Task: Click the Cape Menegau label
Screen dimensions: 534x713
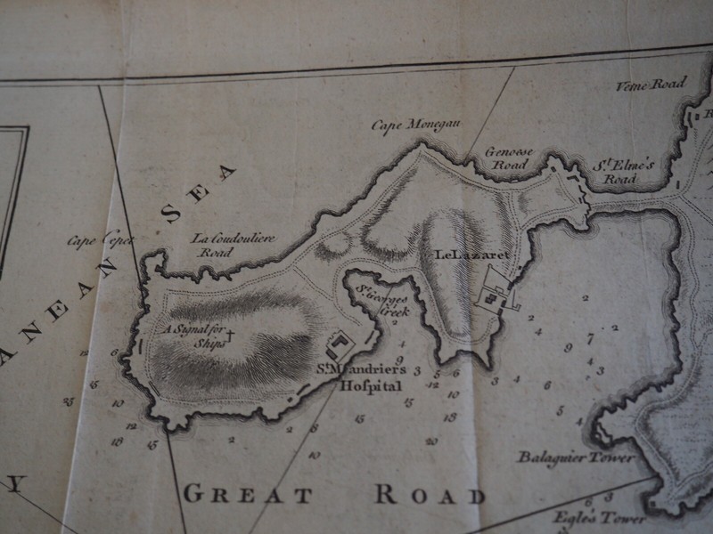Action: (x=415, y=125)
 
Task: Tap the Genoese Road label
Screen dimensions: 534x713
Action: (x=508, y=158)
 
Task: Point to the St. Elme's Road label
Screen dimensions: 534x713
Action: (x=623, y=171)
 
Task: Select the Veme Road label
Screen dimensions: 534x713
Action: (x=651, y=85)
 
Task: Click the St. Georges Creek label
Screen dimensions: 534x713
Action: (x=383, y=303)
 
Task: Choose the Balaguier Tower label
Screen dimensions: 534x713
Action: (x=577, y=457)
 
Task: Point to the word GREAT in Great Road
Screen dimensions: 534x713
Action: (x=247, y=495)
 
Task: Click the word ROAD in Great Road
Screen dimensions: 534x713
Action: (x=430, y=495)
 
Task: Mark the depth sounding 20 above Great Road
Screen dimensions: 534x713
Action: (x=431, y=441)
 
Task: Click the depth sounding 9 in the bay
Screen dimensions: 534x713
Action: (x=567, y=348)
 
